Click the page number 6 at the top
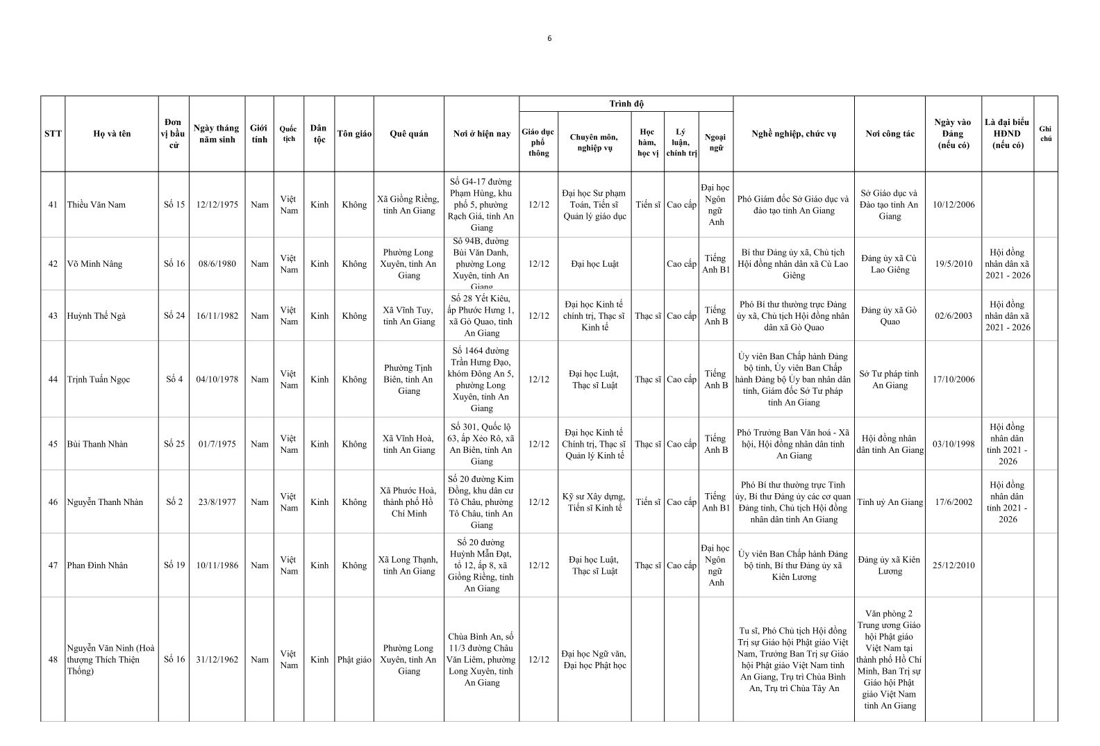pos(549,39)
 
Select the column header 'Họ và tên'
pos(112,134)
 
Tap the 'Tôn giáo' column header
pos(354,134)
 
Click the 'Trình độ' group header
pos(626,104)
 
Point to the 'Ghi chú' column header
pos(1045,134)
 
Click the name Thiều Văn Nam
pos(97,205)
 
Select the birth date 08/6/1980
pos(217,264)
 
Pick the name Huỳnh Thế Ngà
pos(98,316)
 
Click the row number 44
pos(53,379)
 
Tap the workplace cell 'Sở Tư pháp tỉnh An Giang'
pos(890,379)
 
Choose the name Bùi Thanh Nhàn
pos(97,444)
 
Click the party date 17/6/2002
pos(953,502)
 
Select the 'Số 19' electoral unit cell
pos(174,565)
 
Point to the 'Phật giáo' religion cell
pos(354,660)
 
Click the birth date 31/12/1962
pos(217,660)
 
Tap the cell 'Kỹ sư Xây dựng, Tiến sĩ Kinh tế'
pos(594,502)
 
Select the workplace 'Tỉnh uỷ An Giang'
pos(890,502)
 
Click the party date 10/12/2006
pos(953,205)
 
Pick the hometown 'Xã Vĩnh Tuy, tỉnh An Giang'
pos(409,316)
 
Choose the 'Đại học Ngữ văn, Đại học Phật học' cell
pos(594,660)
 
